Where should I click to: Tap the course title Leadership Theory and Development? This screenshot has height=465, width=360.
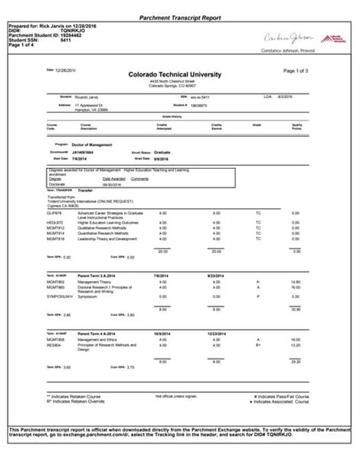click(x=106, y=239)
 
